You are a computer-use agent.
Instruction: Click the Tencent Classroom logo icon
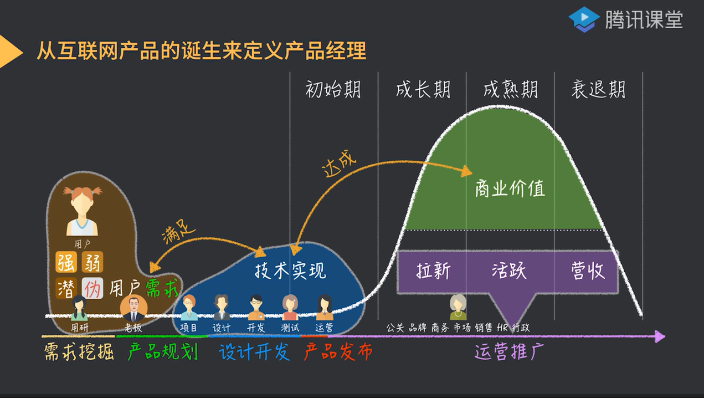point(584,19)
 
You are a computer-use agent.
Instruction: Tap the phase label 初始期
point(333,89)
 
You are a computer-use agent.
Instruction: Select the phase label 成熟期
point(510,89)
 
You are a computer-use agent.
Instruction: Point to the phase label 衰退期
point(598,89)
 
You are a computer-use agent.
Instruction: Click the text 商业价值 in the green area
point(510,189)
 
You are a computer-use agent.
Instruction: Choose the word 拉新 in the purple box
point(433,271)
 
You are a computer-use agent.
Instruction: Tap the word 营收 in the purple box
point(588,271)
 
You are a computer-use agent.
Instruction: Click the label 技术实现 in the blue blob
point(290,271)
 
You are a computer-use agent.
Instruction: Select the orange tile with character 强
point(66,262)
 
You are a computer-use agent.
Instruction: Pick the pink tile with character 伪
point(93,288)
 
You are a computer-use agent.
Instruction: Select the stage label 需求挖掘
point(79,351)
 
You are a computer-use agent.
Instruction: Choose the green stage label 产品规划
point(162,351)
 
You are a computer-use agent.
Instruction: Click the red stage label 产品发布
point(338,351)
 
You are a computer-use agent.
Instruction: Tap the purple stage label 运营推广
point(509,351)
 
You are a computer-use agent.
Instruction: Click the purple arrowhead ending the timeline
point(659,336)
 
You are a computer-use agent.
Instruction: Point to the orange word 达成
point(339,162)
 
